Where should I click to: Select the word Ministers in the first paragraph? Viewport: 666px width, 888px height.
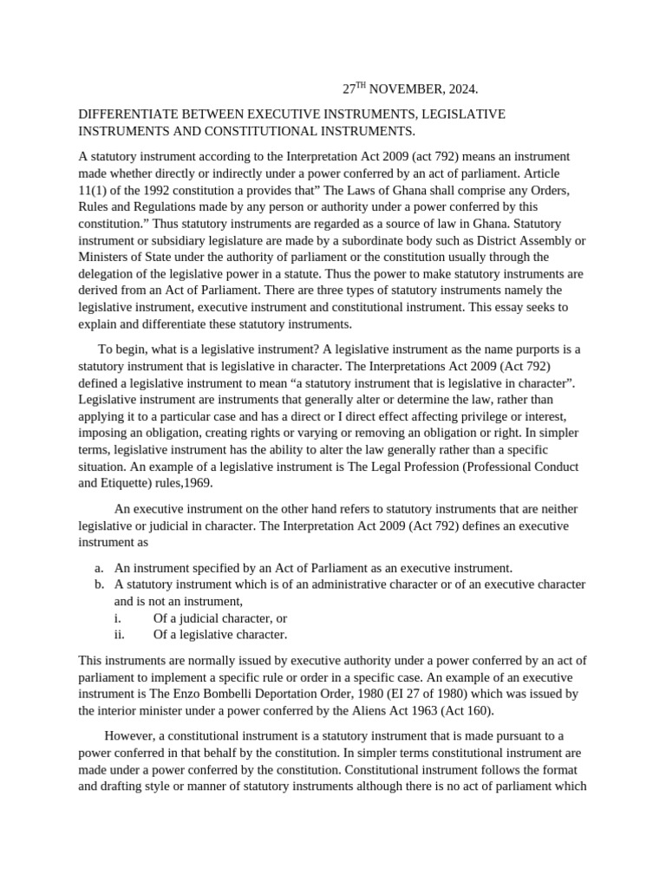(x=104, y=257)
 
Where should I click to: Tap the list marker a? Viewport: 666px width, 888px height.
(x=100, y=568)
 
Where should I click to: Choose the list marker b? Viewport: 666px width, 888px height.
(x=100, y=584)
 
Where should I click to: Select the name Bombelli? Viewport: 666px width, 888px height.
(x=250, y=694)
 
